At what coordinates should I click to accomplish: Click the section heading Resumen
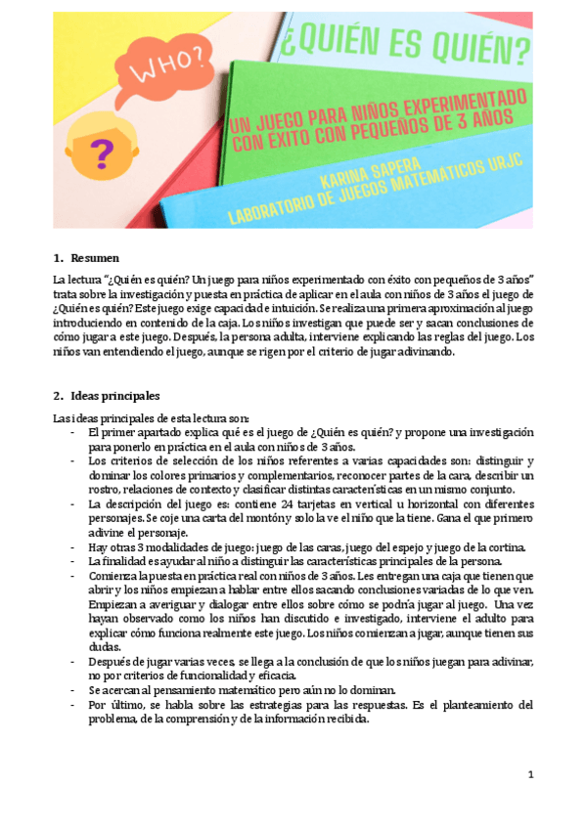(95, 258)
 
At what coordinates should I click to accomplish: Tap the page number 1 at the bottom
(529, 775)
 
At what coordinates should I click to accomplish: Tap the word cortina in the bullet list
(506, 546)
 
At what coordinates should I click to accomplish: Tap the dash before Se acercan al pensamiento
(75, 689)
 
